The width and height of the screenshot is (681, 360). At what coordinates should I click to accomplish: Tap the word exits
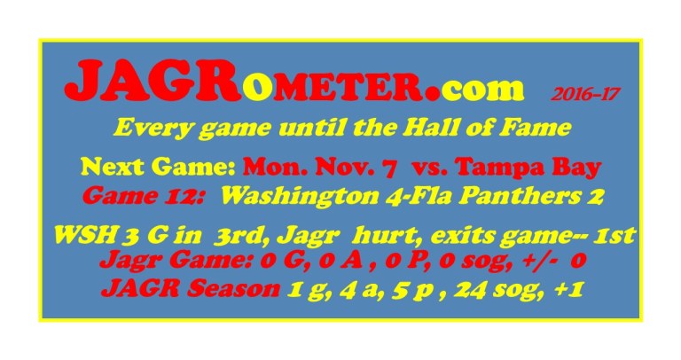(466, 237)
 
